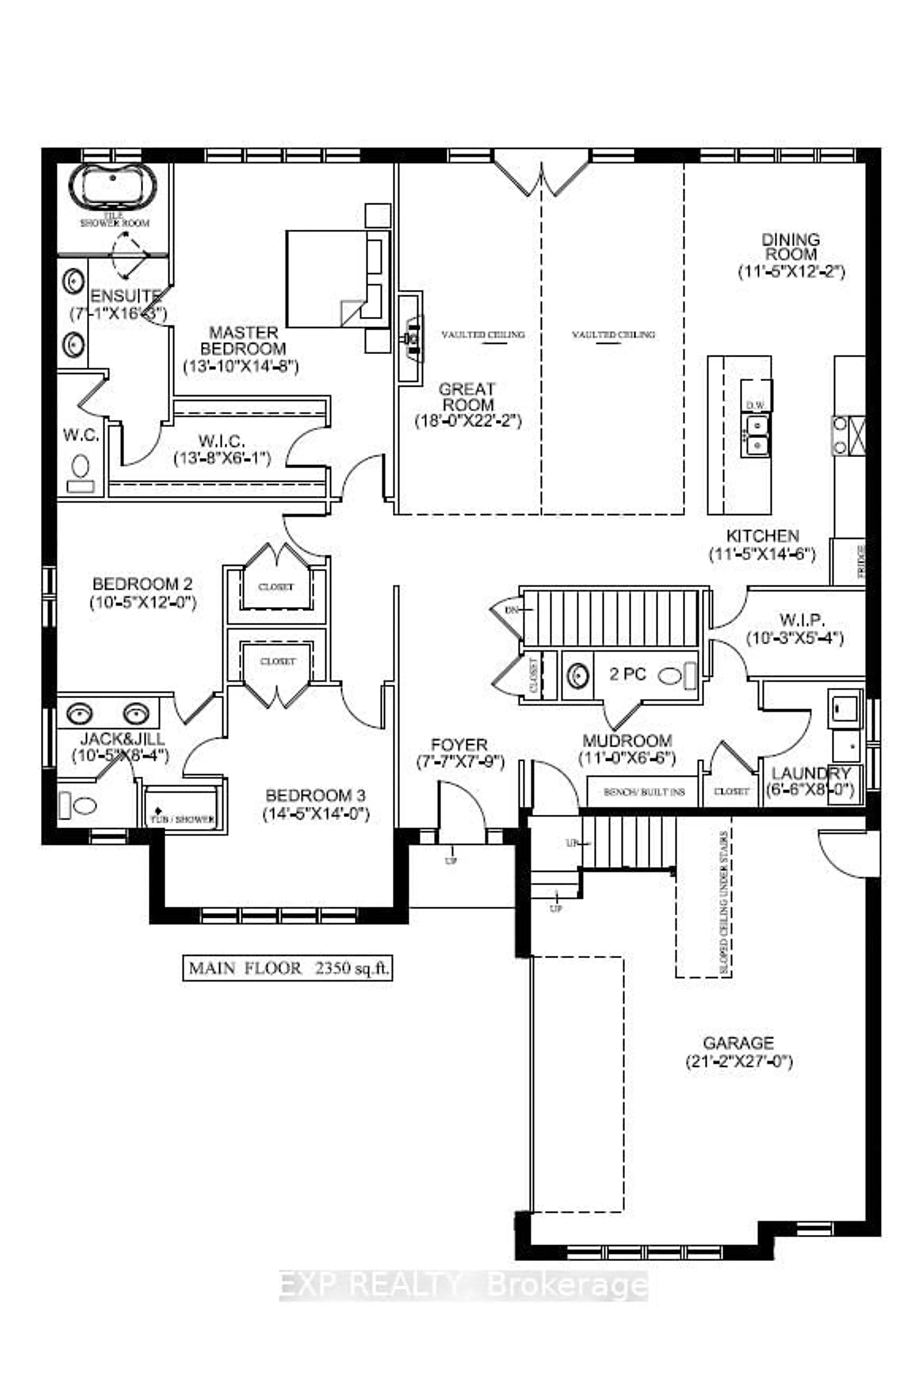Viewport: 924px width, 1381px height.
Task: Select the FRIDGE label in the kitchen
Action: pos(860,561)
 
